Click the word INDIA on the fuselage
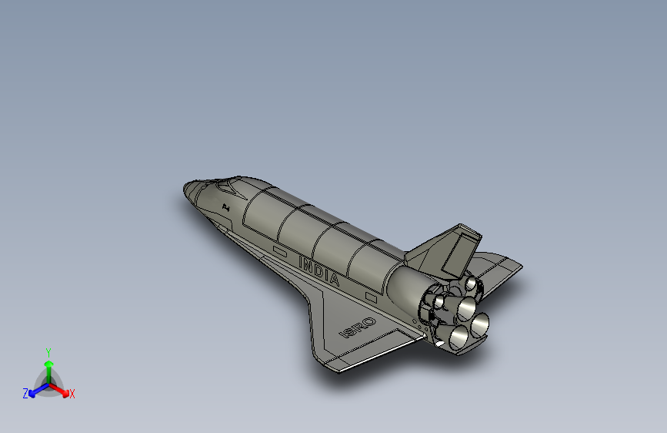318,272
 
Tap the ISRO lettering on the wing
358,327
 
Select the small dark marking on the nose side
225,206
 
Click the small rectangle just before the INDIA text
279,251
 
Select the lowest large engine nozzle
460,337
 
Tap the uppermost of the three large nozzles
468,307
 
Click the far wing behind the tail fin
500,270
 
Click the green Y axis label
48,351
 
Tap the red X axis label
72,394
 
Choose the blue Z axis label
25,394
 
